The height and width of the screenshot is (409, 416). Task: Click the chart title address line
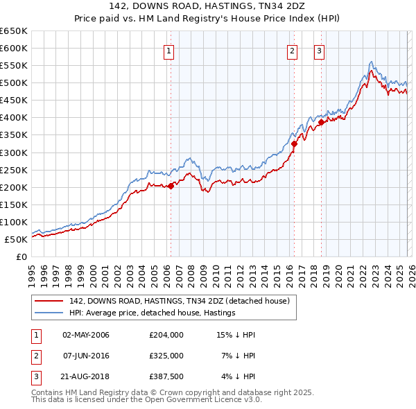click(x=207, y=6)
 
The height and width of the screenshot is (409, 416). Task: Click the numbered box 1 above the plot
click(x=169, y=49)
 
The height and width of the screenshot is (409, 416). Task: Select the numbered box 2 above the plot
click(x=292, y=49)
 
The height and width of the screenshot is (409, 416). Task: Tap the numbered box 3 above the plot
click(x=319, y=49)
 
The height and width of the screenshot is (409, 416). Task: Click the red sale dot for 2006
click(x=171, y=185)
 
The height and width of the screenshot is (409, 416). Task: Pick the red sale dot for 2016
click(x=294, y=143)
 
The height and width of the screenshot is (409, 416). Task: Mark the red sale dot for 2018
click(x=321, y=122)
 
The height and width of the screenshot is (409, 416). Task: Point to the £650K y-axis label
click(x=14, y=31)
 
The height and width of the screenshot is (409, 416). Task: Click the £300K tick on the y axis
click(x=14, y=153)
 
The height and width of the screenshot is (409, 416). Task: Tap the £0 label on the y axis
click(x=21, y=256)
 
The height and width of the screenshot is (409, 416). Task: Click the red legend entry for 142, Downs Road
click(x=183, y=301)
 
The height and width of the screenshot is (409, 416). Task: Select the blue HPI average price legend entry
click(x=152, y=313)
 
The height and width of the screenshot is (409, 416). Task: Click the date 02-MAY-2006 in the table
click(x=86, y=335)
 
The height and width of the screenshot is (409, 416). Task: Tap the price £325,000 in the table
click(x=166, y=356)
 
